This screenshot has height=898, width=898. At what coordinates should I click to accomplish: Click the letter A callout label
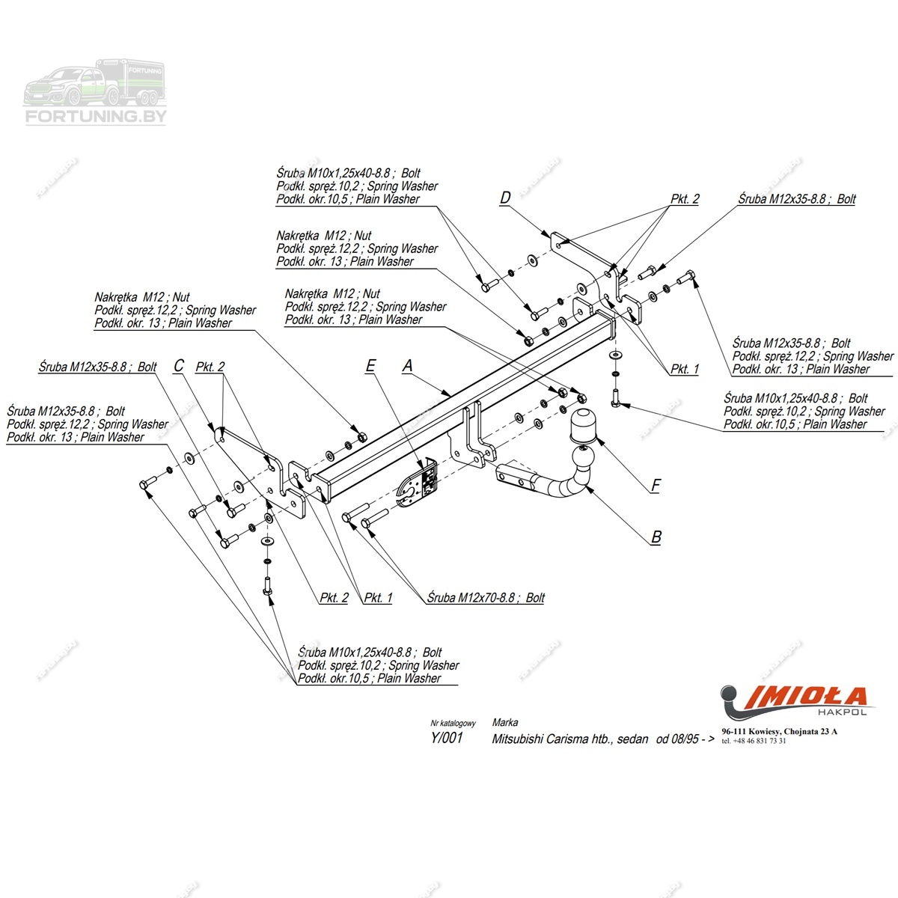pos(408,366)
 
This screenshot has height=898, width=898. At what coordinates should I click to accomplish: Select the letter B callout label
pos(656,537)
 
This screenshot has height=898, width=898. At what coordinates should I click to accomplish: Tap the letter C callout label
pos(179,366)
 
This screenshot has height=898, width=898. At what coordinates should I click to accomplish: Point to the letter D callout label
pos(505,198)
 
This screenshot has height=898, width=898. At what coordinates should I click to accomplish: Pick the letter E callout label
pos(370,366)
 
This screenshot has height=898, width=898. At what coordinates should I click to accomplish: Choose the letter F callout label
pos(656,486)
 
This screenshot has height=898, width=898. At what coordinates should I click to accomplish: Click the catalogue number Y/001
pos(447,739)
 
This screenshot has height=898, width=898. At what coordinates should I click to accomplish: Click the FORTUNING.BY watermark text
pos(97,117)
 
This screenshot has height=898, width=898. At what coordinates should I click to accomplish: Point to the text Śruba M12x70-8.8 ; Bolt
pos(486,598)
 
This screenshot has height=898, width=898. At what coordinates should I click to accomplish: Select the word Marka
pos(505,723)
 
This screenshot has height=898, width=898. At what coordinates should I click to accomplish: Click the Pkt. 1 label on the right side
pos(685,369)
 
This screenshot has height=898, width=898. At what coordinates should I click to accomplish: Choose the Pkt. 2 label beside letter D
pos(685,199)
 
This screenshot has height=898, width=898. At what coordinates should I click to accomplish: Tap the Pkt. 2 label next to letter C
pos(210,367)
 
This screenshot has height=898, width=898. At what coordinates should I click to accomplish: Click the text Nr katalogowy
pos(453,724)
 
